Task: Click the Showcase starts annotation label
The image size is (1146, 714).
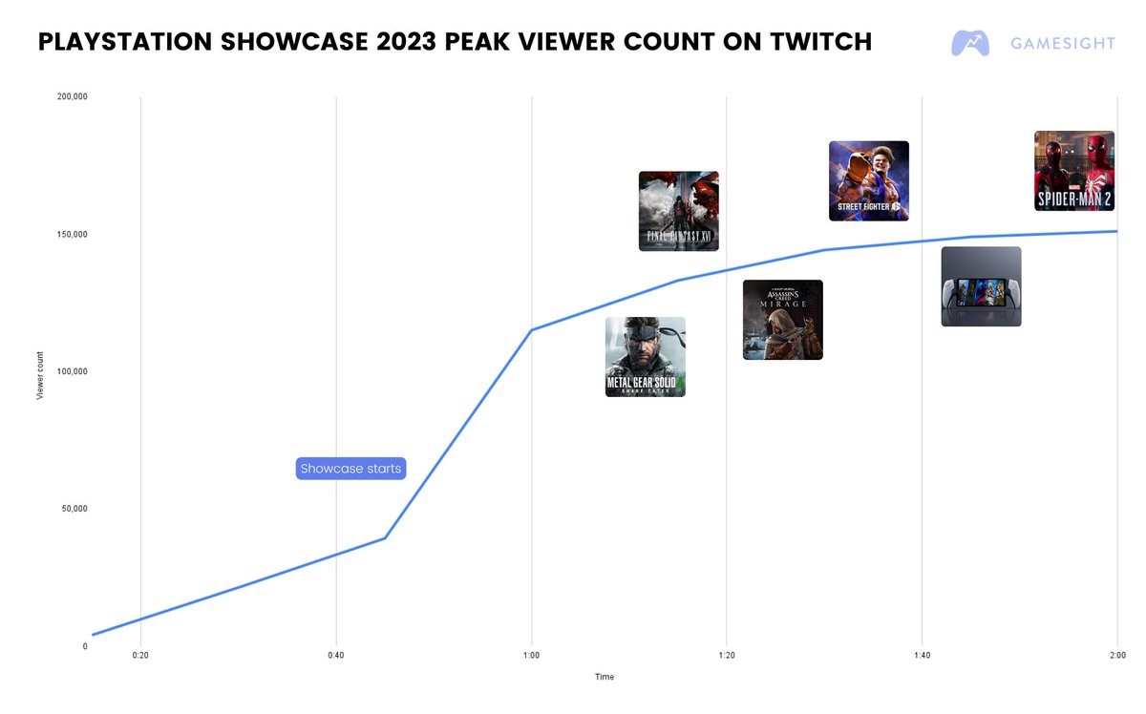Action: (350, 469)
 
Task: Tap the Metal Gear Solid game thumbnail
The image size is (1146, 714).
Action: (645, 357)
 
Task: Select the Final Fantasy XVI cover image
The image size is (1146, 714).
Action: (678, 211)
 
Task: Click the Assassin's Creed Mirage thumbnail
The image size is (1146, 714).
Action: (782, 320)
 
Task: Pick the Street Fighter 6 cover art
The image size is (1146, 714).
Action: (868, 181)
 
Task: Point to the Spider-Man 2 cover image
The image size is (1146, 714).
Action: (1074, 171)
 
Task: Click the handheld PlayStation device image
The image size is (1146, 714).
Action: (981, 286)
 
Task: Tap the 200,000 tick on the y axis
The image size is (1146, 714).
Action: (73, 97)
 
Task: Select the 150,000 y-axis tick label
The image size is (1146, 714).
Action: (73, 235)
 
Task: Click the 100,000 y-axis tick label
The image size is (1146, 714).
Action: (73, 371)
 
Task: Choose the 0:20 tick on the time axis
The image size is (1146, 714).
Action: (140, 656)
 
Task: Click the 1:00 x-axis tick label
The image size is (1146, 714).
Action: (531, 656)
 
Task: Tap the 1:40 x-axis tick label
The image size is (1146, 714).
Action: (922, 656)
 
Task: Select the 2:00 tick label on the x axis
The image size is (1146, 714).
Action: (1116, 656)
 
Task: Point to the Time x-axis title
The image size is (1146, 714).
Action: (605, 677)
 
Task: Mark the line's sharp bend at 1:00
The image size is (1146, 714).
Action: (531, 330)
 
